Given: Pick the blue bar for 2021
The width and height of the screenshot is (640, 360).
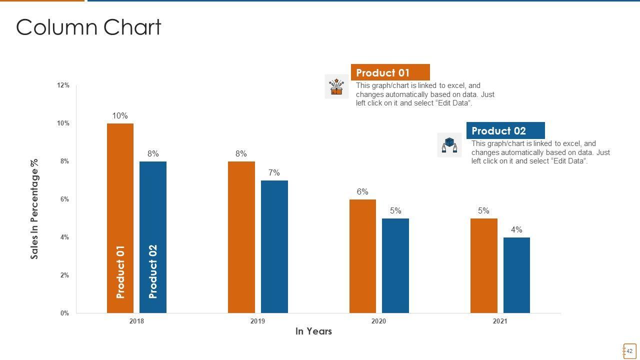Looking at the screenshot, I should coord(516,275).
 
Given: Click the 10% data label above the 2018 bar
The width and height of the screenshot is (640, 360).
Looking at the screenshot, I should coord(120,116).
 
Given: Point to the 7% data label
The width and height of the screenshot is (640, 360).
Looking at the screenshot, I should coord(274,173).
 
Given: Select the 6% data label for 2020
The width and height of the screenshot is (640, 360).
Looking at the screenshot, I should coord(362,192).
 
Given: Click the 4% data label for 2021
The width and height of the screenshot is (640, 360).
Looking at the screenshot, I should coord(516,230).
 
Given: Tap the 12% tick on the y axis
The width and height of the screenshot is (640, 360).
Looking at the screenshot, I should coord(63,85).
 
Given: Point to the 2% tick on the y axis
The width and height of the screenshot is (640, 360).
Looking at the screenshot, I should coord(64,275).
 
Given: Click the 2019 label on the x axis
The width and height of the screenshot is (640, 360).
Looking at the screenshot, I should coord(257,321).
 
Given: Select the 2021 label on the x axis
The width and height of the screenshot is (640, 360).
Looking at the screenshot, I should coord(500,321).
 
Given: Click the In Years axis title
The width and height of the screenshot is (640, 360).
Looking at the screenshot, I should coord(313,331).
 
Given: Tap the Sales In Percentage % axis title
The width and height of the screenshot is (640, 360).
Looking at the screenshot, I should coord(34,209).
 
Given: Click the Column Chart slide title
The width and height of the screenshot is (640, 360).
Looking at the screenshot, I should coord(88,27).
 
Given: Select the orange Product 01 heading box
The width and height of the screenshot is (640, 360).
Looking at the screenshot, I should coord(390,72).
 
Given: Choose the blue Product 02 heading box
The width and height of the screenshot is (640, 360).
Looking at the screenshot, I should coord(505,131).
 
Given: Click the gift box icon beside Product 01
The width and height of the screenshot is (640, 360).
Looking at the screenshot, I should coord(336,86).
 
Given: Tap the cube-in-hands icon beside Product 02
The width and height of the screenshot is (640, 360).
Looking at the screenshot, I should coord(449,145).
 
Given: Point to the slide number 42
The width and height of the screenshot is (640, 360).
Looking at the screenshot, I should coord(629,351).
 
